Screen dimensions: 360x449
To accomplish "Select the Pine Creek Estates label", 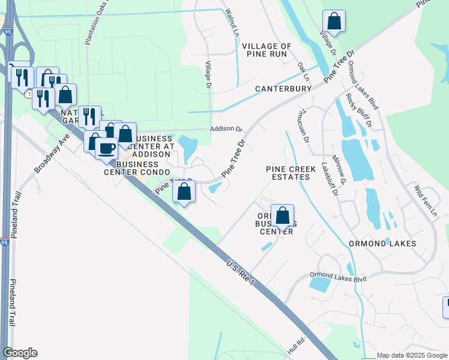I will (291, 173).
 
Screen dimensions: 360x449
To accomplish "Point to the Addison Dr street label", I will (225, 129).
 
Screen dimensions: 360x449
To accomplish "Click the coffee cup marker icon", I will (107, 148).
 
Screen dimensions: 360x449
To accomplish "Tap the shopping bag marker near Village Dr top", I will (334, 21).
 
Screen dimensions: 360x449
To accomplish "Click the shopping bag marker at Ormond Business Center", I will (282, 215).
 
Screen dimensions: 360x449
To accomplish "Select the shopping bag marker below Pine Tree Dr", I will (184, 192).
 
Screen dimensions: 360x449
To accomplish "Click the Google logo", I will (20, 353).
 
